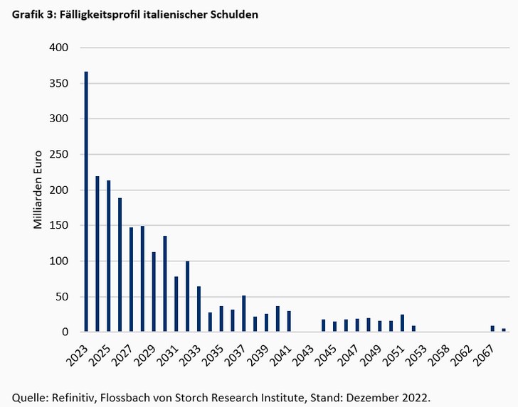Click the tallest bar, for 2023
coord(86,202)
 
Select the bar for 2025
coord(109,256)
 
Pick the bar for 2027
coord(132,279)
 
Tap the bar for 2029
coord(154,292)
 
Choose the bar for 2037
coord(244,313)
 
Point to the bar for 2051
coord(402,323)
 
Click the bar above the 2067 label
coord(492,328)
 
